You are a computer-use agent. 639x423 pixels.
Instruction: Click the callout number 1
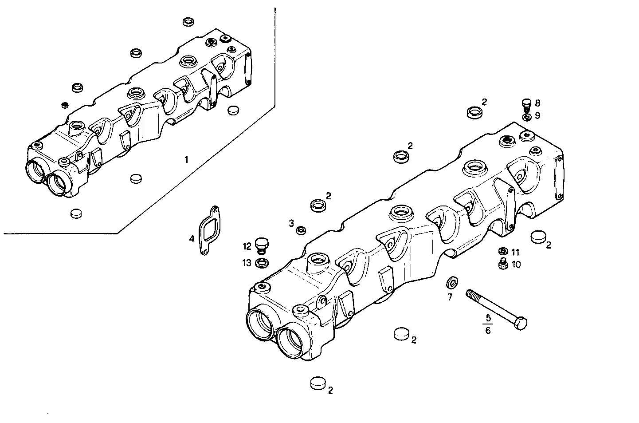(187, 159)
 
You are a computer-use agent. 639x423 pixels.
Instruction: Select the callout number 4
(192, 239)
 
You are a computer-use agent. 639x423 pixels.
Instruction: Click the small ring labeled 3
(301, 230)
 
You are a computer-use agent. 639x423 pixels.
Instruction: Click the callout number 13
(247, 263)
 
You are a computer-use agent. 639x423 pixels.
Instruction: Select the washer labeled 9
(526, 117)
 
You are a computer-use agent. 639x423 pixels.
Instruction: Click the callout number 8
(537, 103)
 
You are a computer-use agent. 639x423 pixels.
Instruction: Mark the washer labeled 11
(503, 252)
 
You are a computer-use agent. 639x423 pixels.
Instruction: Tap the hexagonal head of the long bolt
(521, 323)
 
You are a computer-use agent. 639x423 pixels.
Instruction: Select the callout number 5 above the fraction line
(488, 318)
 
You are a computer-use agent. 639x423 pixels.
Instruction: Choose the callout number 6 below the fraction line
(488, 331)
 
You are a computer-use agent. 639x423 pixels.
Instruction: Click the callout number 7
(450, 297)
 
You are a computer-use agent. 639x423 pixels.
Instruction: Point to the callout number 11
(515, 252)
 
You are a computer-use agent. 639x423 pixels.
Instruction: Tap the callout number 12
(247, 246)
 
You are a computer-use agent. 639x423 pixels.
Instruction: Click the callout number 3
(291, 223)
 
